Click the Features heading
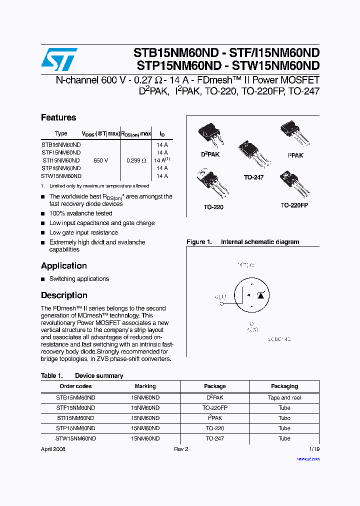58,117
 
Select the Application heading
64,265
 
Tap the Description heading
64,295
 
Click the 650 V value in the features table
100,160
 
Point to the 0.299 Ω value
136,160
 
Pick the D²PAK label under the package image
210,154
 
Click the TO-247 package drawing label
253,177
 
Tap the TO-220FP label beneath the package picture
294,205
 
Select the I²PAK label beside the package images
295,155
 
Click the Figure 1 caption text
243,242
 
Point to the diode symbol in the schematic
260,295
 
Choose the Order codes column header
75,386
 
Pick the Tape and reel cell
284,397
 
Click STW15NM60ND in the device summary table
75,438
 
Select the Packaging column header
284,386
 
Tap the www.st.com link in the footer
308,458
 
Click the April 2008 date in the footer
53,449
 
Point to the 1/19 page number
314,449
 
